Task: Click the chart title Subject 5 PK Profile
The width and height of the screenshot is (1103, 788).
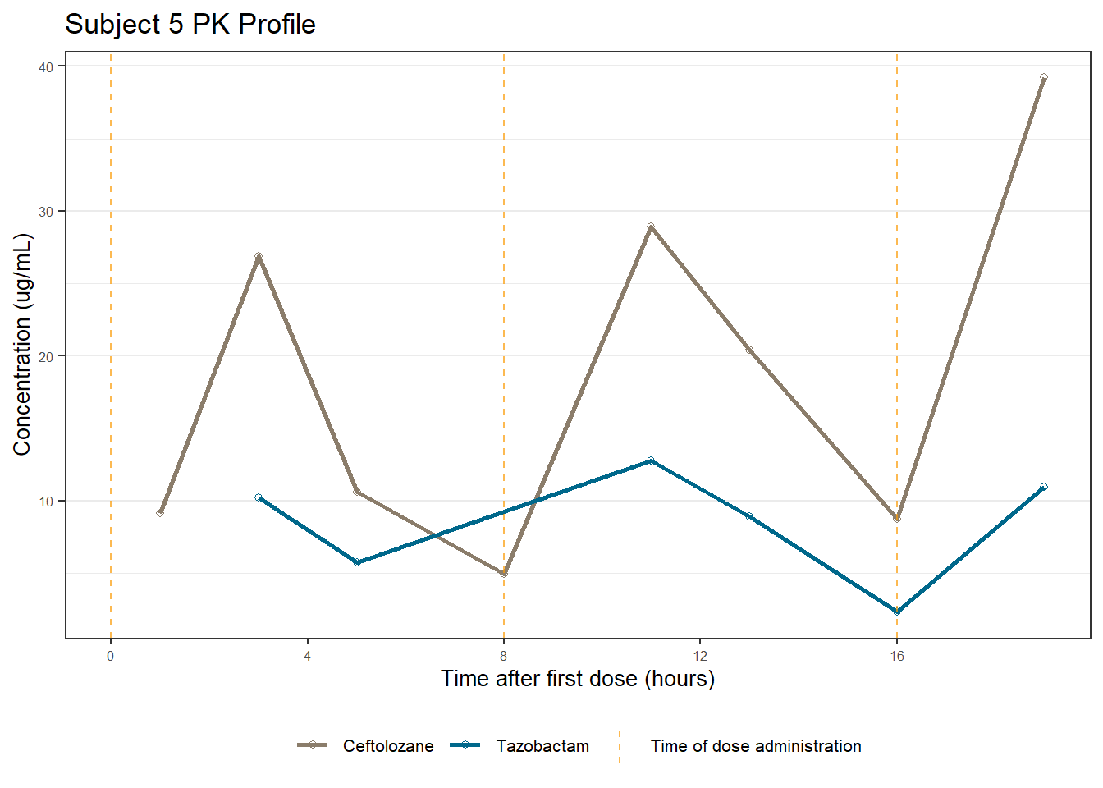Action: click(190, 25)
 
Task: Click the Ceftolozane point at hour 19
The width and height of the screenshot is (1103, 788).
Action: click(1043, 78)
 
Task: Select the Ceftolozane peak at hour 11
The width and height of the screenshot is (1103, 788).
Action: click(651, 227)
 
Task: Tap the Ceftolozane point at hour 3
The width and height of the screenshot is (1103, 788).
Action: click(259, 256)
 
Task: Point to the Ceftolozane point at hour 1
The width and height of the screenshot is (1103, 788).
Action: click(160, 513)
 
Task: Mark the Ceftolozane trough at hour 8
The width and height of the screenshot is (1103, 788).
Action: click(504, 574)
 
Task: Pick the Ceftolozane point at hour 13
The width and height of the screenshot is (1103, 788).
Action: click(749, 350)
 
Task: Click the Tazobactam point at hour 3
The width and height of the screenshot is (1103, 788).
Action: click(259, 497)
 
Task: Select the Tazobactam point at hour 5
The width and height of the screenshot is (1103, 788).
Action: click(357, 562)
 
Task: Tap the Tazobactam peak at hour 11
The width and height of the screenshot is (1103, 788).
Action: click(651, 460)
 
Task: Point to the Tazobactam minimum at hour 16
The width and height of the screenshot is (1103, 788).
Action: click(897, 612)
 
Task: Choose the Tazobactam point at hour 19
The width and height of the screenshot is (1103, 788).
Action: click(1043, 487)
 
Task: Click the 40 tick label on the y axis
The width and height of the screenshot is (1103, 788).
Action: click(46, 67)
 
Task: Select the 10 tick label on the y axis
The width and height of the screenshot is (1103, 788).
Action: click(46, 502)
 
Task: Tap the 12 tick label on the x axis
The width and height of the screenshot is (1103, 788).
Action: click(700, 656)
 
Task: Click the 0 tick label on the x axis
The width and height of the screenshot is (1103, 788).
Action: click(111, 656)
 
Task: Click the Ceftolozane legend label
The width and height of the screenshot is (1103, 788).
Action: click(388, 746)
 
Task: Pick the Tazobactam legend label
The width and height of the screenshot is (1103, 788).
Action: click(542, 746)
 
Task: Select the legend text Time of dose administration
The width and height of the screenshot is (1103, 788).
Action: click(756, 746)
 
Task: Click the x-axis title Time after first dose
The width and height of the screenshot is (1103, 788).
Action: click(578, 679)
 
